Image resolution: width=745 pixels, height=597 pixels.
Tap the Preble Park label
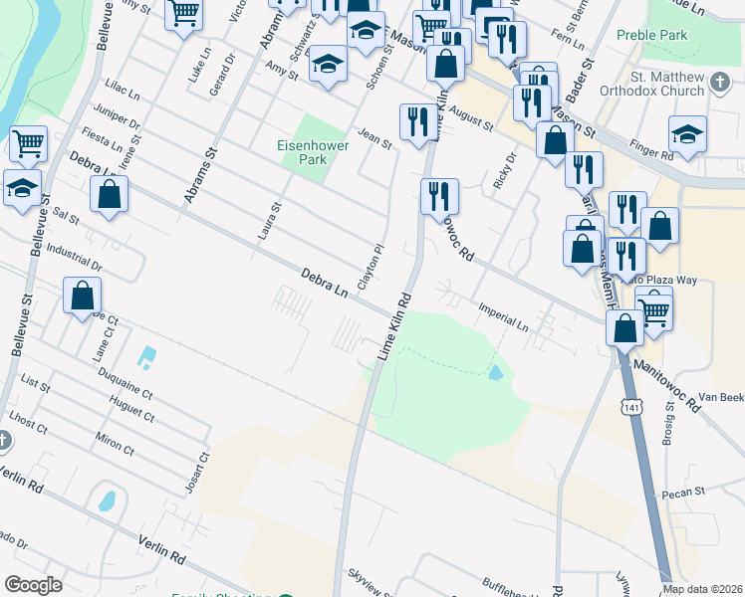coord(653,35)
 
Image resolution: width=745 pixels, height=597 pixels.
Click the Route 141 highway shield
coord(629,407)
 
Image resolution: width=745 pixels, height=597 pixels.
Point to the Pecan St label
coord(685,492)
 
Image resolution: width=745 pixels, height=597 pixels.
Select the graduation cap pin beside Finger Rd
coord(687,135)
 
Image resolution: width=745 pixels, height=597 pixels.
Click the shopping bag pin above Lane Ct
coord(82,296)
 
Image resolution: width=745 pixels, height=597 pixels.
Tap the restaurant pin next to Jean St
coord(414,121)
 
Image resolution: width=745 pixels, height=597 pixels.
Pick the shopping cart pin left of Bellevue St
coord(28,144)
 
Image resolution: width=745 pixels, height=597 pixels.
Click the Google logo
coord(34,584)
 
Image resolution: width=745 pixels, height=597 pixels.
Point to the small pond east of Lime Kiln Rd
coord(495,374)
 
